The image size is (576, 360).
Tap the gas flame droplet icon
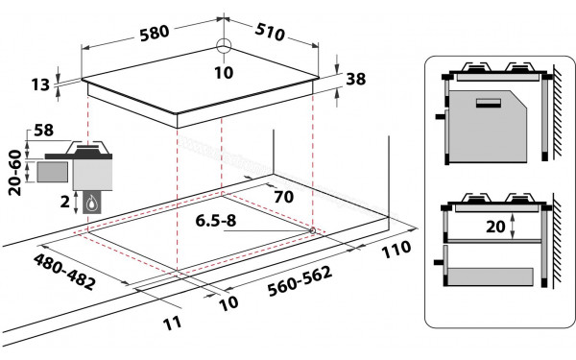(92, 204)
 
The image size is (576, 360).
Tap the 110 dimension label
(395, 252)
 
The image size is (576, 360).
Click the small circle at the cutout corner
(314, 230)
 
